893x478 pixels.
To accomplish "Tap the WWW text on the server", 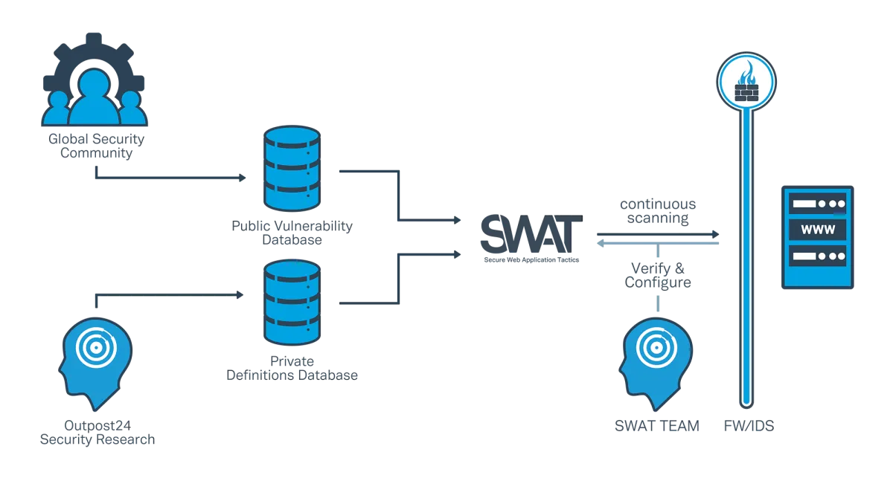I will [x=816, y=230].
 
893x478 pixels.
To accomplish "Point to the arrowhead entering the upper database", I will [x=245, y=178].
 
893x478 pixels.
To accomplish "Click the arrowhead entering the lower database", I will [x=239, y=295].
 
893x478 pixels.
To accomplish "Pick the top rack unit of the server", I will [x=816, y=202].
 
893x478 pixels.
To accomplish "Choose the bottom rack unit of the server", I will [x=816, y=258].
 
